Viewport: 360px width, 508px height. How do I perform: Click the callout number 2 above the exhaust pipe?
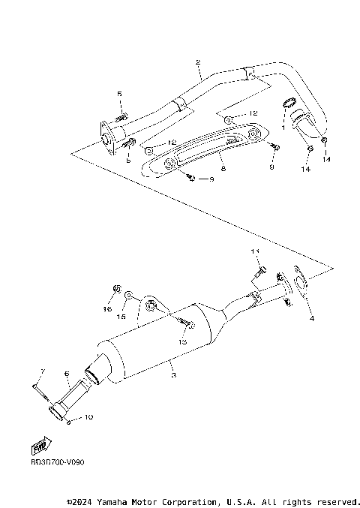(x=197, y=63)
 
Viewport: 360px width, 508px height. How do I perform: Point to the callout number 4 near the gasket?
(x=312, y=318)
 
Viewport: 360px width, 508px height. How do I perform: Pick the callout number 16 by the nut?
(x=107, y=308)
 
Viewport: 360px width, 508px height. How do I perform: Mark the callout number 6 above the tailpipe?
(x=66, y=373)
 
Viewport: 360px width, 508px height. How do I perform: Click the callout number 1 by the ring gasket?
(x=283, y=128)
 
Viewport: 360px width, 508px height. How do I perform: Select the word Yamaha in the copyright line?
(x=121, y=501)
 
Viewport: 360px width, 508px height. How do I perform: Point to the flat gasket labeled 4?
(x=301, y=285)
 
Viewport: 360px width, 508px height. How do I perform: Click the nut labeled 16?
(x=116, y=288)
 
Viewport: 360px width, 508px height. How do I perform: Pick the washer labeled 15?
(x=130, y=297)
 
